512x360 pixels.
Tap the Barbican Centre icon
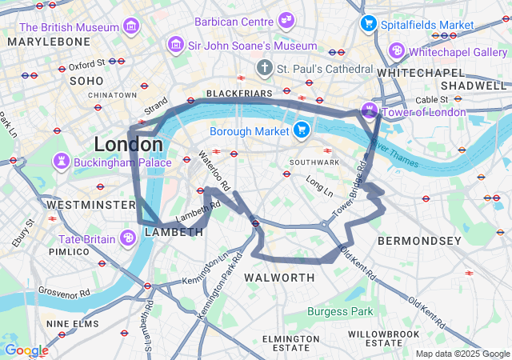tap(286, 21)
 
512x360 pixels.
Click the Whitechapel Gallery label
tap(458, 51)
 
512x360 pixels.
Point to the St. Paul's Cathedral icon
tap(265, 69)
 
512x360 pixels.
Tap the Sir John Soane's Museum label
tap(243, 46)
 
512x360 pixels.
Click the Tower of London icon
tap(370, 110)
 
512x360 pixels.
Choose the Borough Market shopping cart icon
tap(301, 130)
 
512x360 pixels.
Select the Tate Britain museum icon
tap(128, 238)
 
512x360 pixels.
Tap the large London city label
tap(128, 145)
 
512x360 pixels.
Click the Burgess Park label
tap(339, 311)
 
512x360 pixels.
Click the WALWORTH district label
tap(279, 278)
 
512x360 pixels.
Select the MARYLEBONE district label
tap(49, 41)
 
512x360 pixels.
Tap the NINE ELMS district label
tap(73, 324)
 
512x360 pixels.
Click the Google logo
tap(26, 350)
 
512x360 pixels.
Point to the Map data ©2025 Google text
tap(462, 354)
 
